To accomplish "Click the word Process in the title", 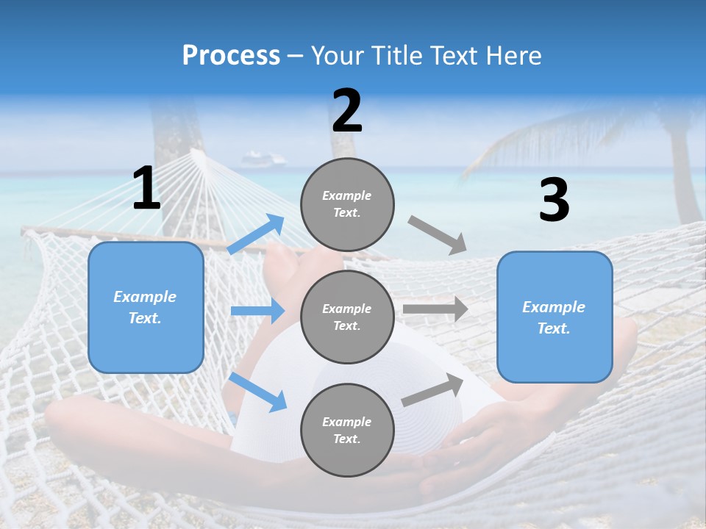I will pyautogui.click(x=231, y=56).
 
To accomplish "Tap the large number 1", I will pyautogui.click(x=146, y=189).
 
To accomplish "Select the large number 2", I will pyautogui.click(x=347, y=112).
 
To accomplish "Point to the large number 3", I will pyautogui.click(x=554, y=201).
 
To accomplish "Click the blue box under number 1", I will pyautogui.click(x=146, y=307).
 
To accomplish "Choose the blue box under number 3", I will pyautogui.click(x=555, y=317).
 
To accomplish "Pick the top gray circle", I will pyautogui.click(x=347, y=204).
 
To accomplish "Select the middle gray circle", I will pyautogui.click(x=347, y=317).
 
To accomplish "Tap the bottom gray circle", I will pyautogui.click(x=347, y=430).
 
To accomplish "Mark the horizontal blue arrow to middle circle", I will pyautogui.click(x=257, y=311).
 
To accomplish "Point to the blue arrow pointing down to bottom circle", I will pyautogui.click(x=257, y=392).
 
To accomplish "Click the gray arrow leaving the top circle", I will pyautogui.click(x=438, y=235).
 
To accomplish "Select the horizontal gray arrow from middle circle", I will pyautogui.click(x=435, y=309).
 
